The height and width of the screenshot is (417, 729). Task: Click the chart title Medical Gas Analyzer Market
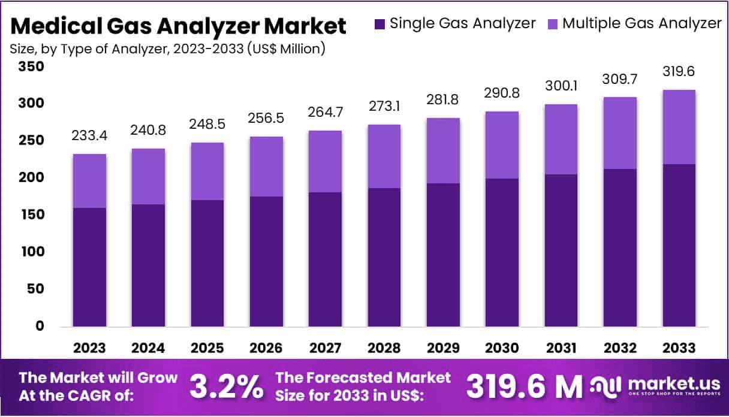(x=178, y=26)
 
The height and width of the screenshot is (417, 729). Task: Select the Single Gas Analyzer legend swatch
(x=379, y=24)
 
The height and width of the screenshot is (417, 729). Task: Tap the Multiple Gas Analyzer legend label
(x=641, y=23)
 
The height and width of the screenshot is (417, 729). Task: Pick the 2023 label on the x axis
(x=90, y=347)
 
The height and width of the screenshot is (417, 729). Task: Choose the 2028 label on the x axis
(x=384, y=347)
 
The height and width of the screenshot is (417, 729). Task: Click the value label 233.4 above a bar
(x=90, y=137)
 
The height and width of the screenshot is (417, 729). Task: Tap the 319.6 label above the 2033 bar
(x=679, y=72)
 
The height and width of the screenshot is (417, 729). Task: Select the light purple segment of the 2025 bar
(x=208, y=171)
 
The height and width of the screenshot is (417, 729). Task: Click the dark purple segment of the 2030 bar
(x=502, y=252)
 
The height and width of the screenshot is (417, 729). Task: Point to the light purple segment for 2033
(x=679, y=127)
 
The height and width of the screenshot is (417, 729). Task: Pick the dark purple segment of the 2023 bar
(x=90, y=267)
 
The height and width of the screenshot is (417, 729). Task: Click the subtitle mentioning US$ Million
(x=167, y=49)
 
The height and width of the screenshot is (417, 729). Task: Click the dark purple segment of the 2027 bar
(x=326, y=259)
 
